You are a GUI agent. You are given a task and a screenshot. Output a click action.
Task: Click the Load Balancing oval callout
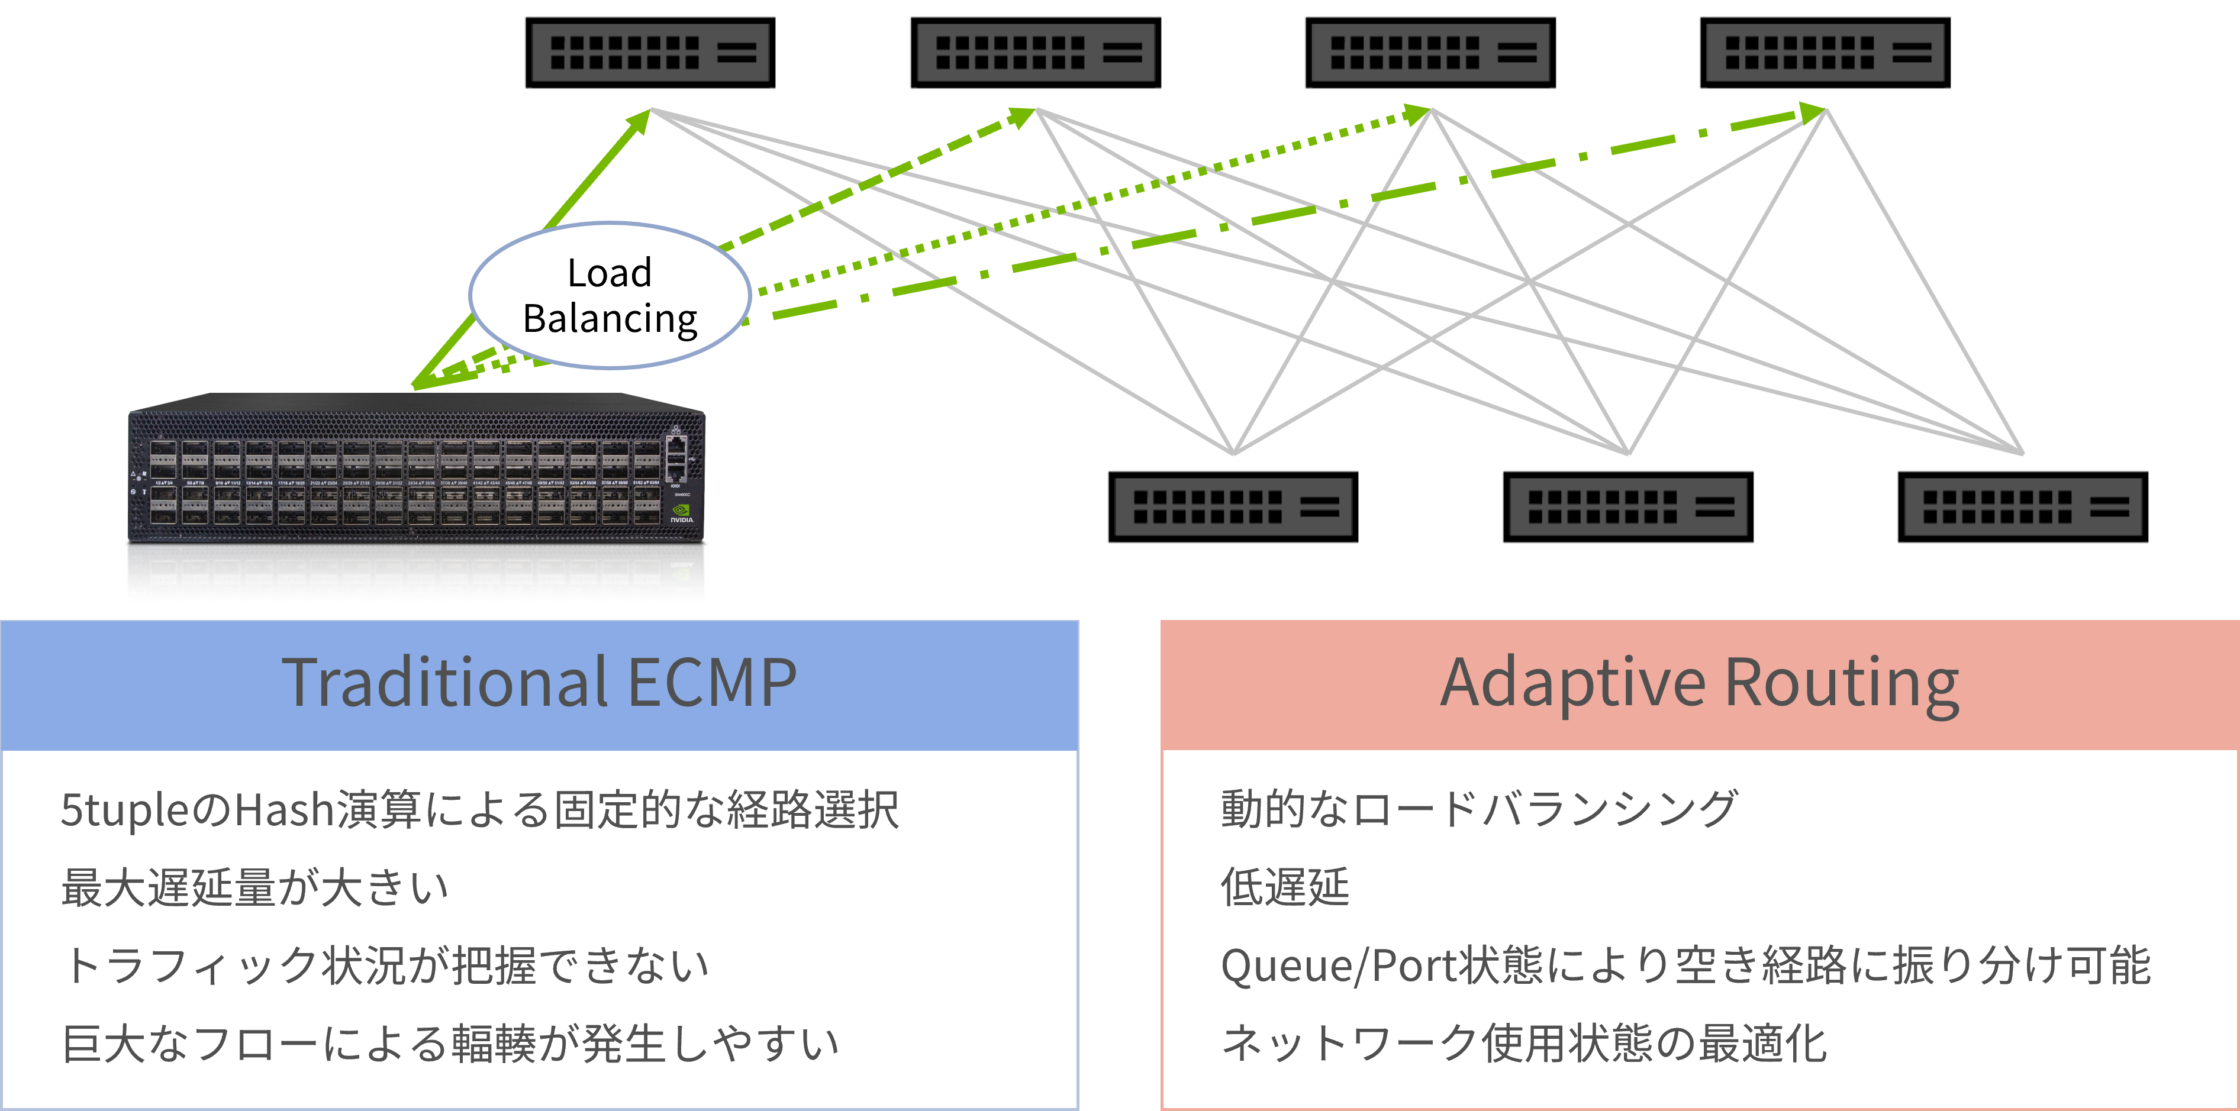click(610, 296)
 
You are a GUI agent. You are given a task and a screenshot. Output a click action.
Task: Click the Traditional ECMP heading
click(539, 683)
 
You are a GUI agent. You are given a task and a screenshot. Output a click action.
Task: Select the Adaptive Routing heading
click(1700, 683)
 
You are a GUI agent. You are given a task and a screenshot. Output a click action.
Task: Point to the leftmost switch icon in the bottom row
click(1233, 507)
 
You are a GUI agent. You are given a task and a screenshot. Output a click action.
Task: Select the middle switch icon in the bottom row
click(1628, 507)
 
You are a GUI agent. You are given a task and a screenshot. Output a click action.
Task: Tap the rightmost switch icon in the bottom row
click(2023, 507)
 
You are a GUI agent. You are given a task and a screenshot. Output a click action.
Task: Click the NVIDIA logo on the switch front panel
click(682, 513)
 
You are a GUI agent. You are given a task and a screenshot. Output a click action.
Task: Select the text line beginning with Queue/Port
click(1685, 966)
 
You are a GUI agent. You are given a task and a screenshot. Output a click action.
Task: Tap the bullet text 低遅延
click(1285, 887)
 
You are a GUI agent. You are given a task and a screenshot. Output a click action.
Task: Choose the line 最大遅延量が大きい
click(255, 887)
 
